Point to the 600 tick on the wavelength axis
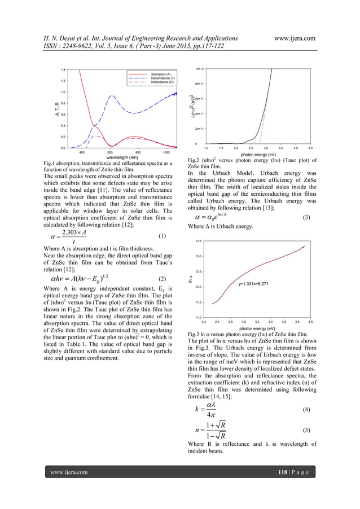110,152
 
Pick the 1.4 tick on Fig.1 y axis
63,69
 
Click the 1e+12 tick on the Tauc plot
199,68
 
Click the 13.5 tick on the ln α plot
199,241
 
